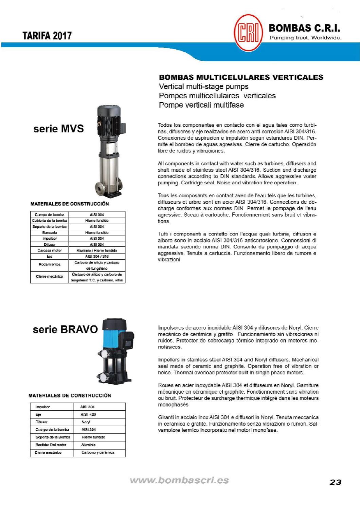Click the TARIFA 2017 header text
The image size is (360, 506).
47,36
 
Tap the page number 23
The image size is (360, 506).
335,482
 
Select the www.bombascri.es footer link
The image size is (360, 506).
179,480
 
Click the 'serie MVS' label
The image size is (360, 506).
58,129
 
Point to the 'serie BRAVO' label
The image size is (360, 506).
65,329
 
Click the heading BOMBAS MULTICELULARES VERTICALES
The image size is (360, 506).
241,77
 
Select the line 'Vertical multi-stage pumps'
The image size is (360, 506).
204,87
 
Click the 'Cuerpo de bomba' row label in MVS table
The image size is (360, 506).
49,214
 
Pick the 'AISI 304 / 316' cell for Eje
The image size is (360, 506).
97,257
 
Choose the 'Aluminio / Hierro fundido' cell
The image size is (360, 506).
97,250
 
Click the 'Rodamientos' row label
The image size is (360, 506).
49,264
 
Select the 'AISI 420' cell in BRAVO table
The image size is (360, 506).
88,414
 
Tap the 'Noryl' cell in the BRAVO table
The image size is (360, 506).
86,422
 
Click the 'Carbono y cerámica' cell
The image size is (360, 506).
98,452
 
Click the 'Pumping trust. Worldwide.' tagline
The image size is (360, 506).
305,38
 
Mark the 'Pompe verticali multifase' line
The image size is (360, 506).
201,105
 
